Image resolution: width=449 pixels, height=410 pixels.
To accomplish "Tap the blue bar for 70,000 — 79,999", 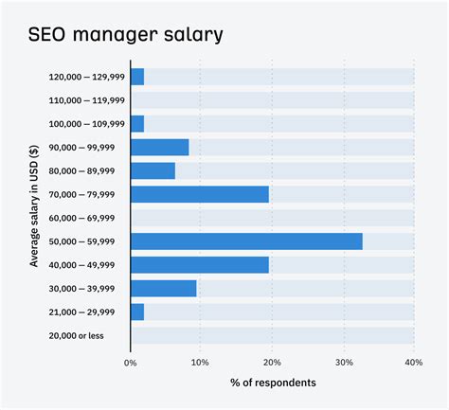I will point(199,194).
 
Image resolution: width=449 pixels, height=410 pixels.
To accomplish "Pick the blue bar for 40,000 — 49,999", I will point(199,265).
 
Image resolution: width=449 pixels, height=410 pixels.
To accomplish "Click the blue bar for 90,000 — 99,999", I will point(159,147).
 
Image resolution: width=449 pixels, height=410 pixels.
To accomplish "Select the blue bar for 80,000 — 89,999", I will point(153,170).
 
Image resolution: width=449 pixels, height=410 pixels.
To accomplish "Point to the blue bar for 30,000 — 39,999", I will point(163,289).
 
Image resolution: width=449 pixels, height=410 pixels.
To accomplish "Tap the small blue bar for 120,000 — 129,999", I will point(137,77).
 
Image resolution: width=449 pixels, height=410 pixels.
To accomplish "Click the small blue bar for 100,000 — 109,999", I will point(137,124).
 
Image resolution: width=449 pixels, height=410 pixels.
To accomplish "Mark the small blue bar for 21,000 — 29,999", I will point(137,312).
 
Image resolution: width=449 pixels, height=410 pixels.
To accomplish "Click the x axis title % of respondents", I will point(273,383).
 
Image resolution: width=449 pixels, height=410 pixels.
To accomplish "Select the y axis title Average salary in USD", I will point(34,205).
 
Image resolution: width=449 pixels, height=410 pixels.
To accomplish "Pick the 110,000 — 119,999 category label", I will point(86,100).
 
